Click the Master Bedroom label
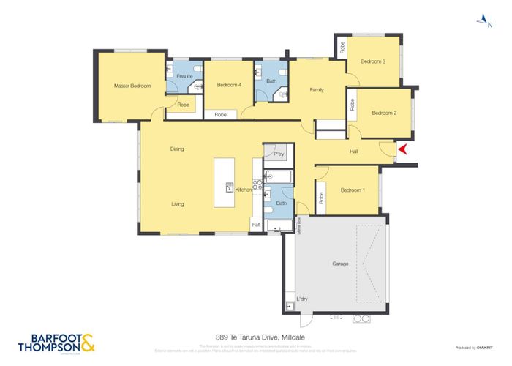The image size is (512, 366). point(132,86)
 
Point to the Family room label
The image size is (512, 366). point(317,89)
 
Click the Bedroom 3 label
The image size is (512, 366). point(373,61)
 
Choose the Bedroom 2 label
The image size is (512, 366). point(383,113)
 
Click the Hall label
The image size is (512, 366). point(353,152)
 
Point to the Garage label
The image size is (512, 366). point(339,264)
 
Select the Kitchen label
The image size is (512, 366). point(243,190)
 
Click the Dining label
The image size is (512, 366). point(177,149)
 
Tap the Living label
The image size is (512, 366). point(177,204)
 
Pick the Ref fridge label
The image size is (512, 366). point(255,225)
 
